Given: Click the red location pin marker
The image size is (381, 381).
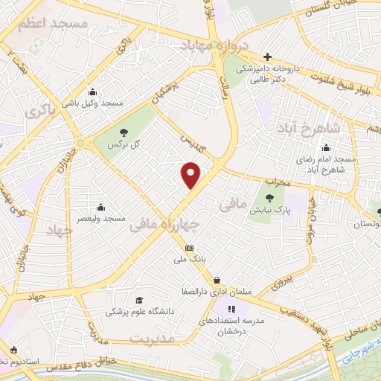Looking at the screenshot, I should click(191, 176).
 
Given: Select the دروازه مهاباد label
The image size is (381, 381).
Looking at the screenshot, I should click(212, 45).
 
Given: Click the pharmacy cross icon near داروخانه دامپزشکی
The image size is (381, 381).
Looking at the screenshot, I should click(267, 57).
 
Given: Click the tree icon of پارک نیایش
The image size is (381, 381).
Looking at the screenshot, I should click(269, 199).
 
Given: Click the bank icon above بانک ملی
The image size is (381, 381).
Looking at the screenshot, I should click(189, 247).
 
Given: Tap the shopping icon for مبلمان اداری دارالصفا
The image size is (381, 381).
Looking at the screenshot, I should click(217, 281).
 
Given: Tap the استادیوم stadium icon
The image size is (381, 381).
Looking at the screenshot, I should click(13, 349).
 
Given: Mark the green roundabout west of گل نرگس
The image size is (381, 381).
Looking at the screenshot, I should click(80, 143).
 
